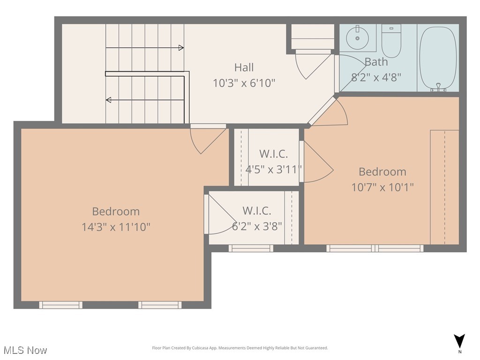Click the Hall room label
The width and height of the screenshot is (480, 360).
tap(244, 67)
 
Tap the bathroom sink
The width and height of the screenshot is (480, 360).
tap(357, 38)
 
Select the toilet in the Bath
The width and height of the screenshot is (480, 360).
tap(391, 41)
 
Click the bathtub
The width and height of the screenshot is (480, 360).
tap(438, 58)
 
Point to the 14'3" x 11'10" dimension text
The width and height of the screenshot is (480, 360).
tap(116, 227)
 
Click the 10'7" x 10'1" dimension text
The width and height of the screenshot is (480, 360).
tap(382, 187)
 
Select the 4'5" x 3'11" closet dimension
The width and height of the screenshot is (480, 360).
tap(273, 169)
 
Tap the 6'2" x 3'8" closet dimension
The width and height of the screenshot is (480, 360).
tap(257, 226)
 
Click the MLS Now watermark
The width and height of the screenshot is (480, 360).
tap(25, 350)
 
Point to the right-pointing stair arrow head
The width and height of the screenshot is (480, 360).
tap(181, 48)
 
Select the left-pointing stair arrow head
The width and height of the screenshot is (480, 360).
tap(108, 100)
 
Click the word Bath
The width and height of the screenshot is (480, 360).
tap(376, 62)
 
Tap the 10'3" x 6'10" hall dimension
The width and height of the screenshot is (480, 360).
tap(244, 83)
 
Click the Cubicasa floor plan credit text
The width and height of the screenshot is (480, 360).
tap(240, 348)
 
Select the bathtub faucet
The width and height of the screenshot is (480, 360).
tap(438, 87)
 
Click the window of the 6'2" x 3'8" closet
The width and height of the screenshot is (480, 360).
tap(251, 248)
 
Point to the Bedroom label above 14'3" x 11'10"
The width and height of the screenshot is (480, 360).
tap(116, 211)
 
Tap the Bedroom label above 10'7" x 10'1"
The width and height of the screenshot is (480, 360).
tap(382, 172)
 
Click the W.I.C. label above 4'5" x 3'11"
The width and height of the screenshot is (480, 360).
tap(273, 154)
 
